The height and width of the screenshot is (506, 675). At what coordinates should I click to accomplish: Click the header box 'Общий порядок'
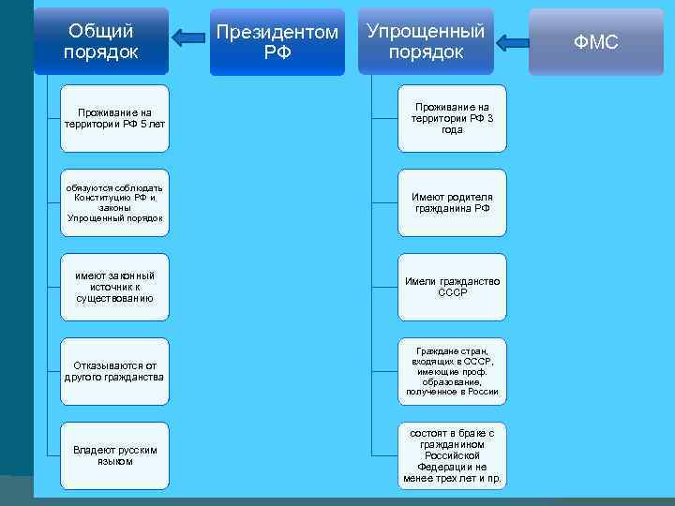[x=101, y=41]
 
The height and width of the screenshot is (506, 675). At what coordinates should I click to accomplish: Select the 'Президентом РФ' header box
[x=277, y=42]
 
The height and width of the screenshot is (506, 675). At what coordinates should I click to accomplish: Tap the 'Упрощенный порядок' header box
[x=426, y=42]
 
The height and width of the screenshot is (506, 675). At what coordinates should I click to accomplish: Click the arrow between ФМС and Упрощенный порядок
[x=512, y=42]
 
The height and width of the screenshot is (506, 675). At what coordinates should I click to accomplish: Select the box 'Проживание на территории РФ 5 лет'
[x=114, y=118]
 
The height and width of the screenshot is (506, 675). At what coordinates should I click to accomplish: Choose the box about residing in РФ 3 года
[x=452, y=118]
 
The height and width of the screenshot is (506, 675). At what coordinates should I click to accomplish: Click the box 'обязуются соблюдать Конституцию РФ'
[x=114, y=202]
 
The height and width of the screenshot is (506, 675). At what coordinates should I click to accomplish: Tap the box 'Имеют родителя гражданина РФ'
[x=452, y=202]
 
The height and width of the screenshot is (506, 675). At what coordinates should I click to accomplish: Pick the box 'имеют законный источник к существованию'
[x=114, y=287]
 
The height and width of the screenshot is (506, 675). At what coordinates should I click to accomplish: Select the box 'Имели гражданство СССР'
[x=452, y=287]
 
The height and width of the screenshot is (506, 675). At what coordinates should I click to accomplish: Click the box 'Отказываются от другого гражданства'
[x=114, y=371]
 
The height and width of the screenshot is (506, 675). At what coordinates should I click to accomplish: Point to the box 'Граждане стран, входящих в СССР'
[x=452, y=371]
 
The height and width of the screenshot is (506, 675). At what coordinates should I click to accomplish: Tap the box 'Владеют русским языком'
[x=114, y=455]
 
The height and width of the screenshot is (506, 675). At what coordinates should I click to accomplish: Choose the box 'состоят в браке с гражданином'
[x=452, y=455]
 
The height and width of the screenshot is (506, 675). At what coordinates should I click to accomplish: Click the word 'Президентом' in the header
[x=277, y=33]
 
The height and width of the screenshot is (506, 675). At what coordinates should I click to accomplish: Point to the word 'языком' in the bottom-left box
[x=114, y=461]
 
